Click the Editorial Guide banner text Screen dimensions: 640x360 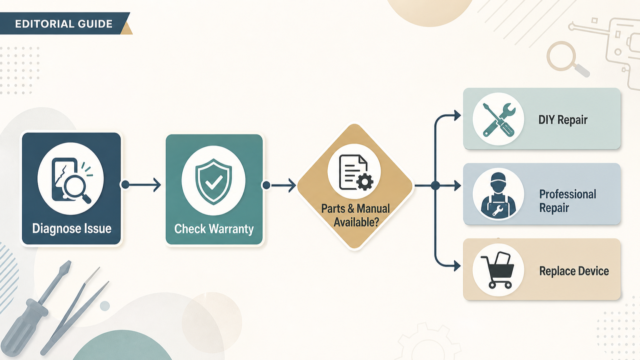pyautogui.click(x=64, y=24)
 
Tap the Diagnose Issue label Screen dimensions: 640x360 pyautogui.click(x=72, y=228)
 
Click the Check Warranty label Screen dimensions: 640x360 pyautogui.click(x=214, y=229)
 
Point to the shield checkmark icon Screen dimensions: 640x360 pyautogui.click(x=213, y=182)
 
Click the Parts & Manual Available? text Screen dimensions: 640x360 pyautogui.click(x=356, y=215)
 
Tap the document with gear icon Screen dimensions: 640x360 pyautogui.click(x=356, y=172)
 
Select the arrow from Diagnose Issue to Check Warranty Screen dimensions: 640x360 pyautogui.click(x=141, y=185)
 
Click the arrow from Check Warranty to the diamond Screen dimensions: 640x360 pyautogui.click(x=279, y=185)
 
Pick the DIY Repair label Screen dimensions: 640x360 pyautogui.click(x=563, y=120)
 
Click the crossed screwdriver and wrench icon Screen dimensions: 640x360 pyautogui.click(x=498, y=120)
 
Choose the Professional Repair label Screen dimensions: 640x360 pyautogui.click(x=568, y=201)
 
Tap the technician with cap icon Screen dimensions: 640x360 pyautogui.click(x=498, y=195)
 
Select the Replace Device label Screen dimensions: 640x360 pyautogui.click(x=574, y=271)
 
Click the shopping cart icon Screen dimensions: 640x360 pyautogui.click(x=497, y=270)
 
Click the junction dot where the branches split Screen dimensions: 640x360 pyautogui.click(x=435, y=186)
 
